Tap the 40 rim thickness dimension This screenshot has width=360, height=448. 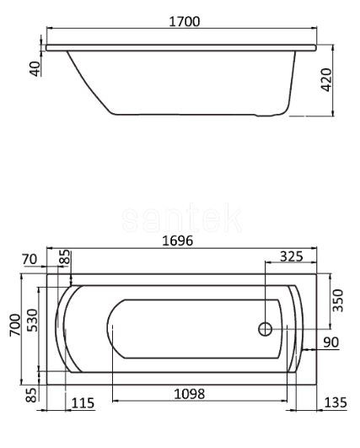coord(35,67)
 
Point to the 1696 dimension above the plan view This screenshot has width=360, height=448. coord(177,241)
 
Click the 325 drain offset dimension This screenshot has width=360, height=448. coord(291,254)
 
